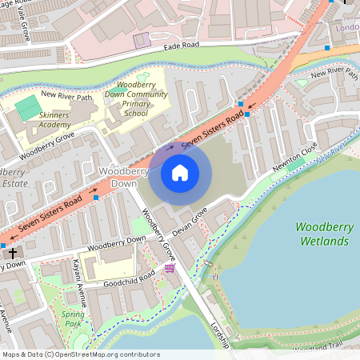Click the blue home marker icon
[180, 173]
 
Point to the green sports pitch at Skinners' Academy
[29, 105]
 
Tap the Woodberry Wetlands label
[324, 234]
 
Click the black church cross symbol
[13, 252]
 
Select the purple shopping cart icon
[169, 269]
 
